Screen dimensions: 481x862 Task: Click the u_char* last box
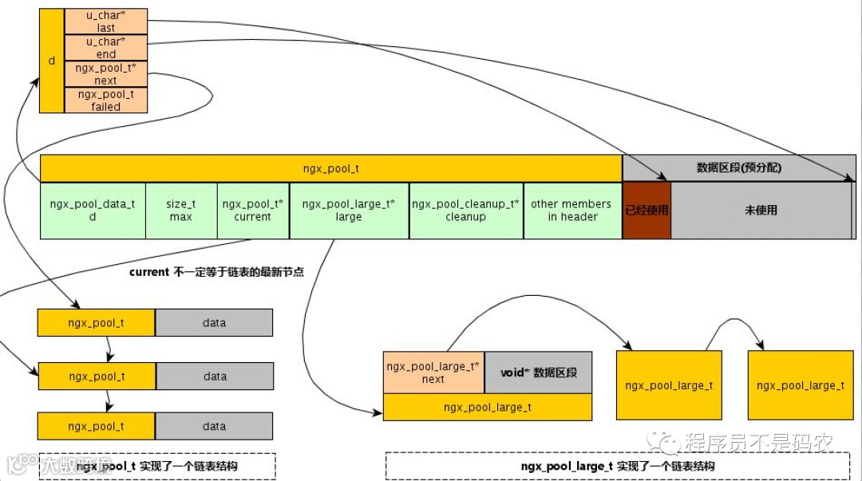pyautogui.click(x=105, y=22)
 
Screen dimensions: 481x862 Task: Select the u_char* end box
pyautogui.click(x=105, y=48)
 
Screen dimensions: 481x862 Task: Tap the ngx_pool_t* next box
pyautogui.click(x=105, y=74)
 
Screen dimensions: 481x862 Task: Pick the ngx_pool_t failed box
pyautogui.click(x=105, y=100)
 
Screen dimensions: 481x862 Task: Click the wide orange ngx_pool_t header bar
pyautogui.click(x=331, y=168)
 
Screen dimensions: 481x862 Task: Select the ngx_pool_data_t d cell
pyautogui.click(x=93, y=211)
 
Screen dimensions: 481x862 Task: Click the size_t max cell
pyautogui.click(x=181, y=211)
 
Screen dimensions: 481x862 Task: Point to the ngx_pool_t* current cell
pyautogui.click(x=253, y=211)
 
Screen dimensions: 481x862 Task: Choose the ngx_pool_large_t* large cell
pyautogui.click(x=349, y=211)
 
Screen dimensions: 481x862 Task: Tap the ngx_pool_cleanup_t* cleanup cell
pyautogui.click(x=466, y=211)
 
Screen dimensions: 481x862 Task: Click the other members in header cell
pyautogui.click(x=572, y=211)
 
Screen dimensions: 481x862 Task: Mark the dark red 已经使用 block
pyautogui.click(x=646, y=211)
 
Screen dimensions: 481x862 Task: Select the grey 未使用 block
pyautogui.click(x=761, y=211)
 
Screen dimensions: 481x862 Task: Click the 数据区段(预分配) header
pyautogui.click(x=738, y=168)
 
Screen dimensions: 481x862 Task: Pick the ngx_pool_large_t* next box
pyautogui.click(x=433, y=373)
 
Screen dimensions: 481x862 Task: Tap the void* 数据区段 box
pyautogui.click(x=539, y=373)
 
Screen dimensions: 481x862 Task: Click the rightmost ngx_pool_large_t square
pyautogui.click(x=800, y=385)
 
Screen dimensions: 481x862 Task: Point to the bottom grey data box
pyautogui.click(x=214, y=426)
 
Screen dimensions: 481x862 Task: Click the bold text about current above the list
pyautogui.click(x=216, y=272)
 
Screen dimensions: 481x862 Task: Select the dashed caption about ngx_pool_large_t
pyautogui.click(x=617, y=466)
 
